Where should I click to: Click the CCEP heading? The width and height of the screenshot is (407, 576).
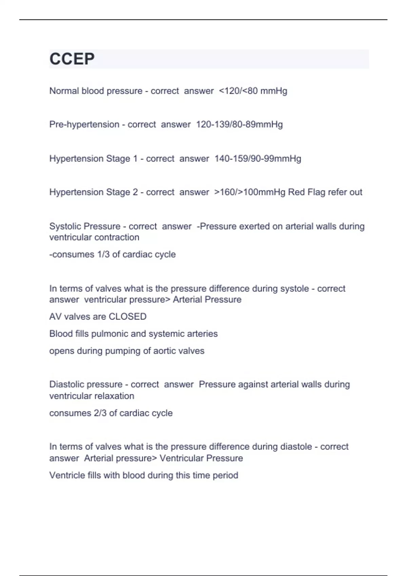click(x=72, y=59)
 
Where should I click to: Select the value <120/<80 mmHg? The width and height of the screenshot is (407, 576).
click(x=253, y=91)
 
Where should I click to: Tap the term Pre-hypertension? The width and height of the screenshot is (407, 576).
click(x=84, y=125)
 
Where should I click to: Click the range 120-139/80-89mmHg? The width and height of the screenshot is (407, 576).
click(x=239, y=125)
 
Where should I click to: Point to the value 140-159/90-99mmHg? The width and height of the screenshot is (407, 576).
click(x=257, y=159)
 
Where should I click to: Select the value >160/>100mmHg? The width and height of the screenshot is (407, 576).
click(x=250, y=192)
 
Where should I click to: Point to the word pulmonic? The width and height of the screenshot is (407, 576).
click(x=110, y=334)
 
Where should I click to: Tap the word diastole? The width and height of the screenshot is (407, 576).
click(x=296, y=447)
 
